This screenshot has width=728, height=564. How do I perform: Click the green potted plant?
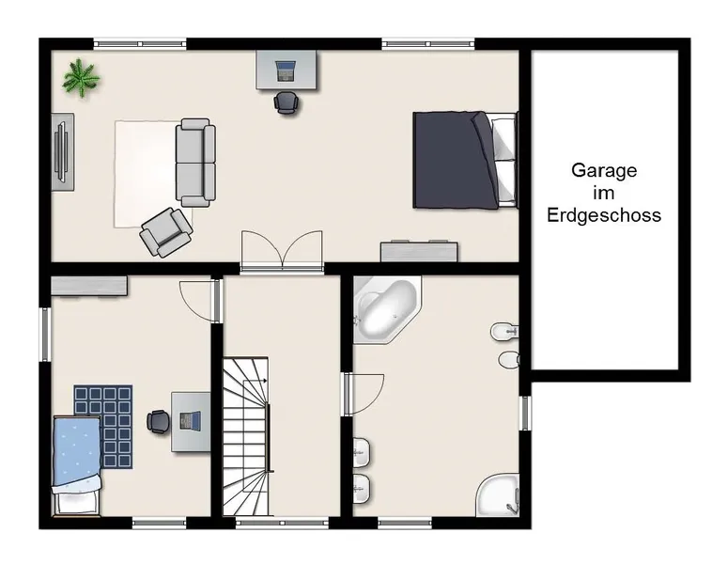81,78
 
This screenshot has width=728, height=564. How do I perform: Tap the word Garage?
604,170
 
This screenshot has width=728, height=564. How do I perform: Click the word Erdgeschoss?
604,215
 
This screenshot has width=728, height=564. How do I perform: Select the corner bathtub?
387,309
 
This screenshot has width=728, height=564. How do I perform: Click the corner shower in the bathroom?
498,495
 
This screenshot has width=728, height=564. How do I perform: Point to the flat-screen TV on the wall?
62,152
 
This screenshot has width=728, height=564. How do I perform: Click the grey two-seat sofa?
195,163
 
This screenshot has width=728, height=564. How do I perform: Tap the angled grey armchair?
165,232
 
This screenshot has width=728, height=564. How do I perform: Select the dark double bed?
465,160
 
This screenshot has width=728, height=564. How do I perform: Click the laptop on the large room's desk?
286,70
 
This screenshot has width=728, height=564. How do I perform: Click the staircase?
246,436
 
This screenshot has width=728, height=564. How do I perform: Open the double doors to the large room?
282,249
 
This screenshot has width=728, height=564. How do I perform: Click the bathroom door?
364,394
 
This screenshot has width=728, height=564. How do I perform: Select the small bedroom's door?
199,301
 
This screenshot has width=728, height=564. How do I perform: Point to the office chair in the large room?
286,102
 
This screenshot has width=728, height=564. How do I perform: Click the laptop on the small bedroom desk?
191,421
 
